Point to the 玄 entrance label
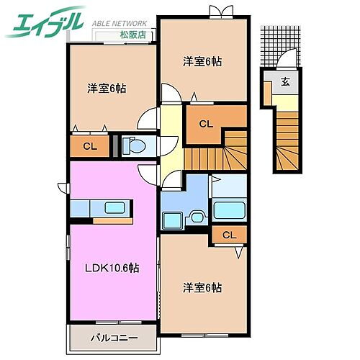click(285, 81)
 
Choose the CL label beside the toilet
click(90, 147)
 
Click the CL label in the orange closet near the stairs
click(206, 124)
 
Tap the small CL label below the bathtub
click(228, 235)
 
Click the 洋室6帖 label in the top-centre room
click(202, 61)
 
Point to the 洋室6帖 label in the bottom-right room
click(202, 287)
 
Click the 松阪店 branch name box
click(132, 33)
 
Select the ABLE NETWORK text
click(120, 23)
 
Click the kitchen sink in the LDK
click(115, 208)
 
